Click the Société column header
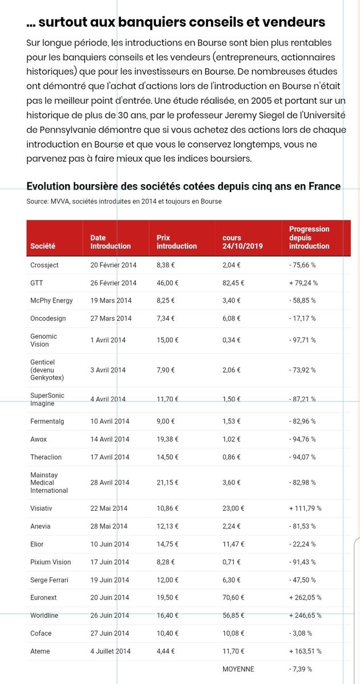[43, 246]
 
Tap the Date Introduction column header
[110, 242]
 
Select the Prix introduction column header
[176, 242]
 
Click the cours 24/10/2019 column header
[242, 242]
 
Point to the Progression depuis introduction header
[309, 238]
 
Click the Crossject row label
[44, 265]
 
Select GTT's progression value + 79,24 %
[304, 283]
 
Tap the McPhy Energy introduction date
[111, 300]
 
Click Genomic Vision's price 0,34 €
[231, 340]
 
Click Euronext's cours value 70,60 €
[233, 597]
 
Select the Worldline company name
[45, 616]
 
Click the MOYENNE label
[238, 669]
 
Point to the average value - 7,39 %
[301, 669]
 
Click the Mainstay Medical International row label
[49, 482]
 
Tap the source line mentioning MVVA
[124, 201]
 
